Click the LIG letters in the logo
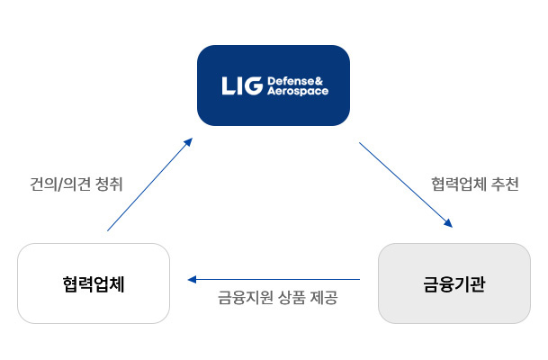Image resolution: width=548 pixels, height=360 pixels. (241, 85)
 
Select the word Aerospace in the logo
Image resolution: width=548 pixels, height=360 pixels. (298, 92)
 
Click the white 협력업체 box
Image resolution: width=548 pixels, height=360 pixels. (94, 283)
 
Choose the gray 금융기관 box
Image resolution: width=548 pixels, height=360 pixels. (454, 283)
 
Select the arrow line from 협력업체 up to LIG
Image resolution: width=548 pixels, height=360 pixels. (148, 185)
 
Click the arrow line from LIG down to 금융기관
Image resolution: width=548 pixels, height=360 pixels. (405, 184)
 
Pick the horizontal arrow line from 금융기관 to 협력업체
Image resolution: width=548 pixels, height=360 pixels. (274, 280)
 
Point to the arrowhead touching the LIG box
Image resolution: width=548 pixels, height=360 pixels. (188, 141)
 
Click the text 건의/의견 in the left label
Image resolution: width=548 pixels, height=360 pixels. (58, 184)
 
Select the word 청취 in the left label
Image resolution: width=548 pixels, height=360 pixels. (108, 184)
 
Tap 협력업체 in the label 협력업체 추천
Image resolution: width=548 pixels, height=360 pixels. (457, 184)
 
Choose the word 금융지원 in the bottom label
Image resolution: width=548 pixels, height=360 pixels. (243, 298)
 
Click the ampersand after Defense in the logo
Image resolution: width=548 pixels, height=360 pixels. (323, 80)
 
